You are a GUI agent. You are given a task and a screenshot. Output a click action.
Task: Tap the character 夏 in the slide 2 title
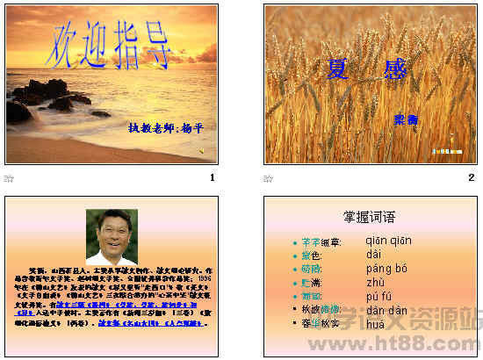(x=336, y=68)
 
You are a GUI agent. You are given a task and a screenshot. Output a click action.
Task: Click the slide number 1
(x=212, y=177)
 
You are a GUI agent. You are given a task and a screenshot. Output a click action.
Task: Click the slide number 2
(x=471, y=177)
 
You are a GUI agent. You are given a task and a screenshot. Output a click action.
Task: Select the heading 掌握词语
(x=369, y=216)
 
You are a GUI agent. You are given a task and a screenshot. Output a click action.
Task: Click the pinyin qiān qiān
(x=387, y=241)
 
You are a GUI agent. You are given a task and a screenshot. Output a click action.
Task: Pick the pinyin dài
(x=374, y=255)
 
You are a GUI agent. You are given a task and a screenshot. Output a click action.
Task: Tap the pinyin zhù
(x=376, y=283)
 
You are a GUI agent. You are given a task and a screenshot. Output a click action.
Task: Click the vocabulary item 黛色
(x=311, y=255)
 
